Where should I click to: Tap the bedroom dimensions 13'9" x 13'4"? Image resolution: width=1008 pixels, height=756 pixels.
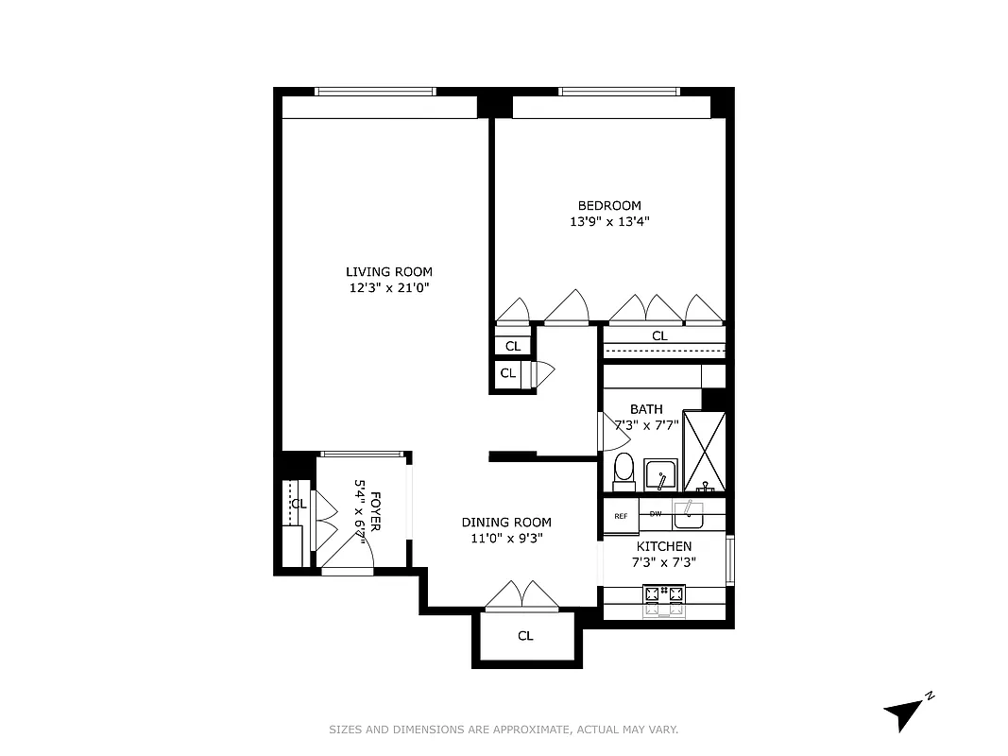pyautogui.click(x=608, y=222)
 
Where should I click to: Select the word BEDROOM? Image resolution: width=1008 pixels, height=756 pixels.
pyautogui.click(x=609, y=206)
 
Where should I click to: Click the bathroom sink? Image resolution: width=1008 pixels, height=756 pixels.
pyautogui.click(x=660, y=474)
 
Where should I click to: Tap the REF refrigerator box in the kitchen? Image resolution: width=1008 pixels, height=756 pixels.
pyautogui.click(x=621, y=516)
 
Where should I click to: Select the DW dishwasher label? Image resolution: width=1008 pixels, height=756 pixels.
pyautogui.click(x=655, y=514)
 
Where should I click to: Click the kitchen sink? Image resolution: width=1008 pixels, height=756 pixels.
pyautogui.click(x=689, y=514)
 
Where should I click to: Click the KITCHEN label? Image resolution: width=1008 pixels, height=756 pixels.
pyautogui.click(x=663, y=546)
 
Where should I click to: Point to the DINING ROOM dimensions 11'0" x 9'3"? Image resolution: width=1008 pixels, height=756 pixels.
pyautogui.click(x=506, y=539)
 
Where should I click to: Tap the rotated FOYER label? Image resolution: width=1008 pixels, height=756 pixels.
pyautogui.click(x=375, y=511)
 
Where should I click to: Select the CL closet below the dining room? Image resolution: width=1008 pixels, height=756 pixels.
pyautogui.click(x=525, y=636)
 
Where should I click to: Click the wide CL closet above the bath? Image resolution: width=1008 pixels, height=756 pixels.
pyautogui.click(x=659, y=335)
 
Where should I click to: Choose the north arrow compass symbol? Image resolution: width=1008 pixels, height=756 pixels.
pyautogui.click(x=904, y=713)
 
